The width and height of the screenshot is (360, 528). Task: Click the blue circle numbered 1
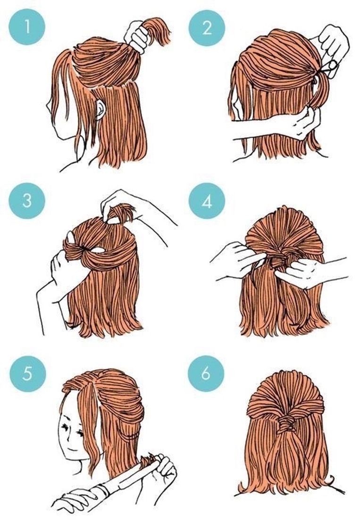26,27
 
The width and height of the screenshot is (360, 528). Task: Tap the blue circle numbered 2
207,27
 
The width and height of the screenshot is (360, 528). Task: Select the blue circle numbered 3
26,201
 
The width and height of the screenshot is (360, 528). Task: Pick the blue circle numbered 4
207,201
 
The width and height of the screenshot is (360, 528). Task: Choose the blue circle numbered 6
206,373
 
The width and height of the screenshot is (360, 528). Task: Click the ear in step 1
100,109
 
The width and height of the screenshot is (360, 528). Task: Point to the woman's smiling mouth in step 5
71,448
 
